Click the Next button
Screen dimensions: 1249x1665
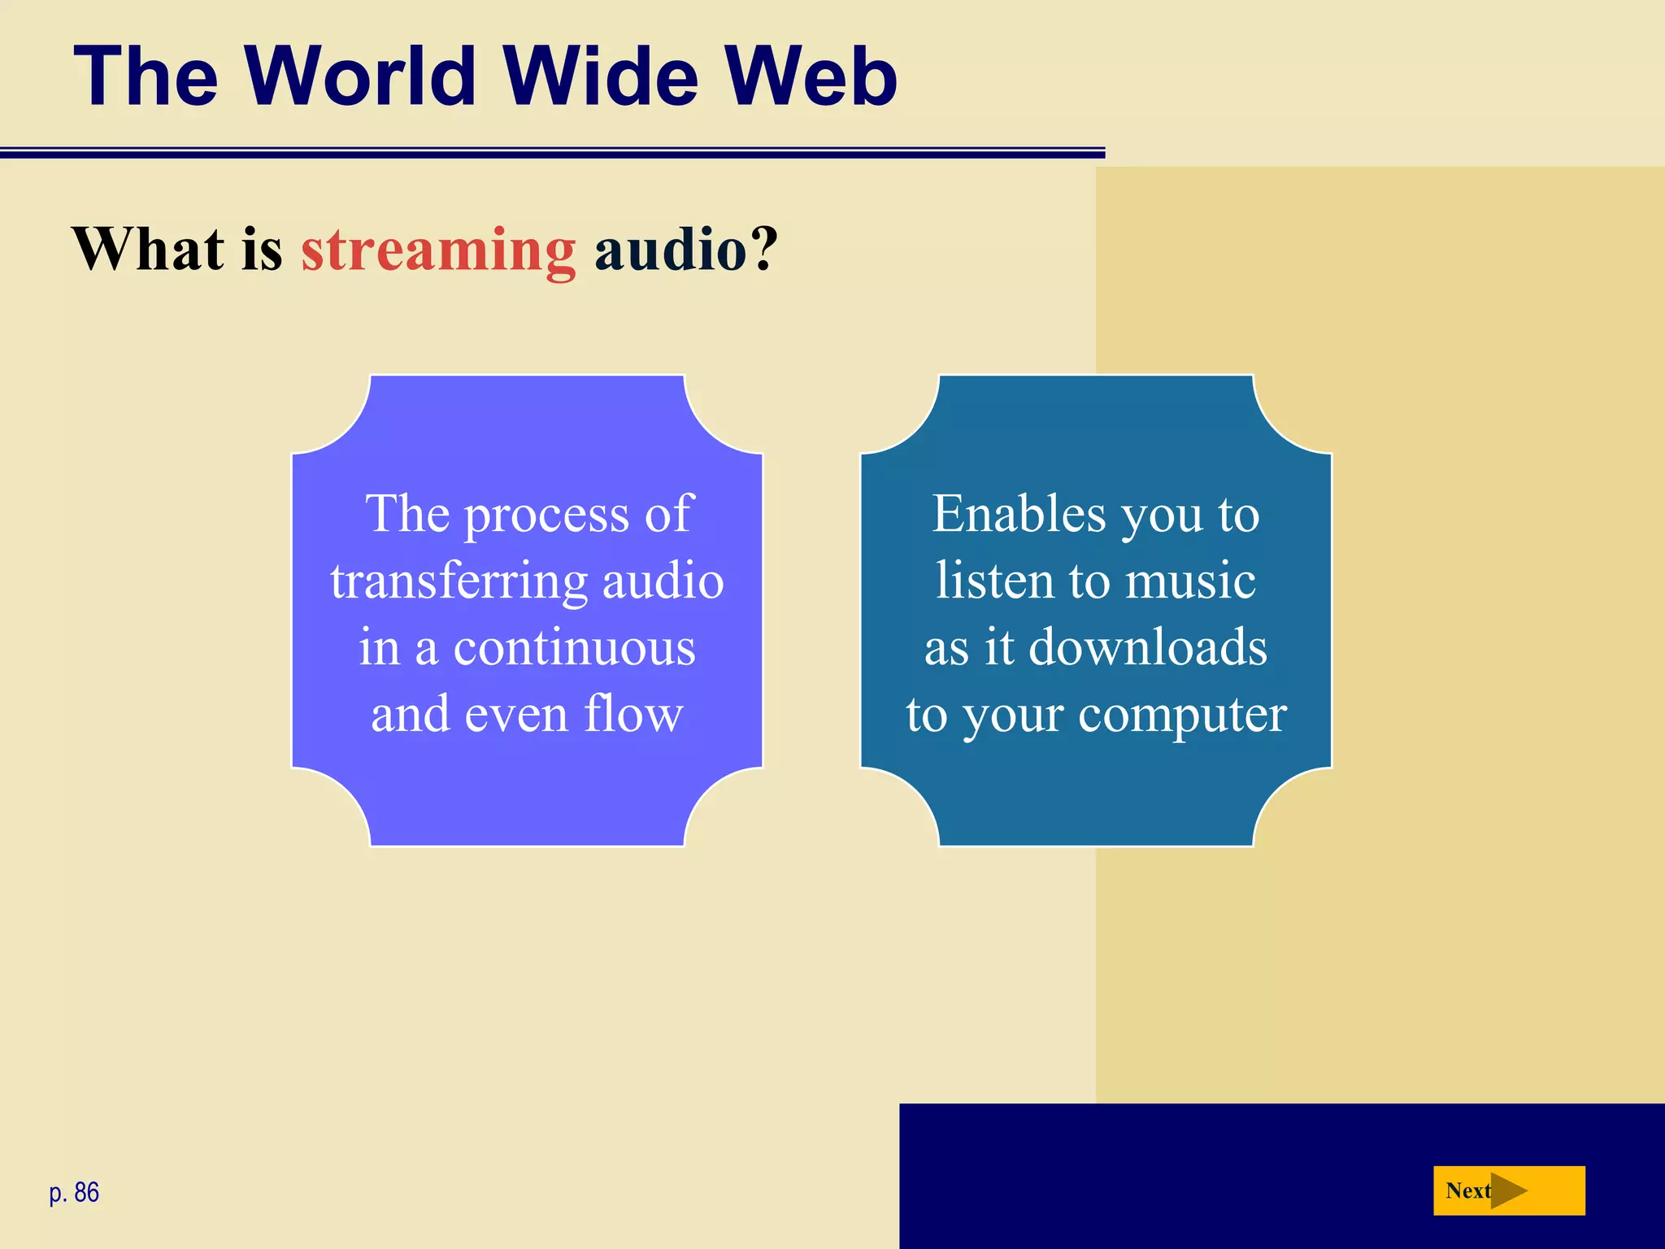point(1508,1190)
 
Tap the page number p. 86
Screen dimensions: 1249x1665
point(74,1192)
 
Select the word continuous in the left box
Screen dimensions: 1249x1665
point(574,648)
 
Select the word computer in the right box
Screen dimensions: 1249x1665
point(1182,716)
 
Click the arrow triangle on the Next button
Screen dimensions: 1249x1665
point(1507,1190)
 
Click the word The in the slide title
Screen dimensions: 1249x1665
point(146,76)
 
